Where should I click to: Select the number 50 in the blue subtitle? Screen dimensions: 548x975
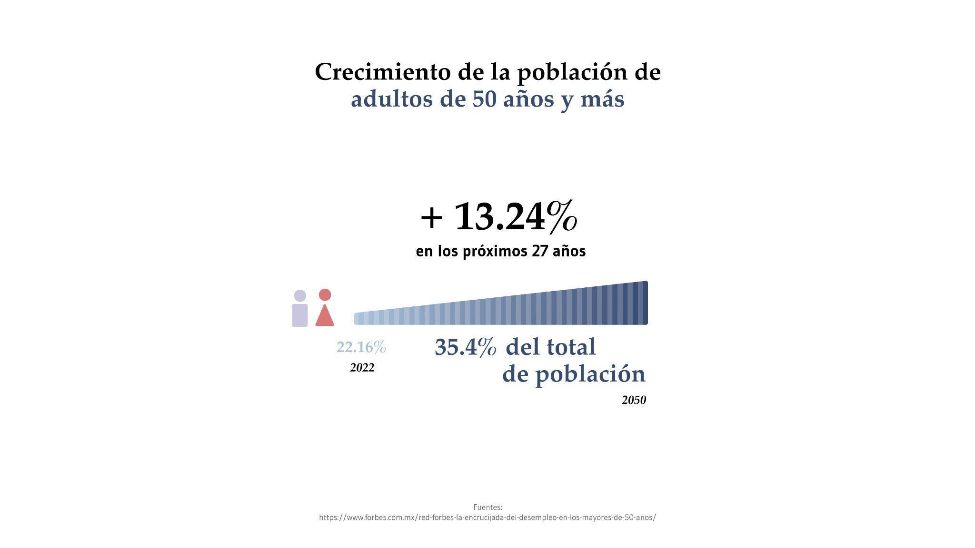click(485, 99)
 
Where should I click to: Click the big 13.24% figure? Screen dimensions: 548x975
click(516, 217)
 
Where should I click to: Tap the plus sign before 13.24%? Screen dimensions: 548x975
click(432, 218)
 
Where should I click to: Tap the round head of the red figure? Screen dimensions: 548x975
click(325, 295)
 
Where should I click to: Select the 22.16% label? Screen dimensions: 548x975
click(361, 347)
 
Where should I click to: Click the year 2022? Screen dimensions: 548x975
click(362, 368)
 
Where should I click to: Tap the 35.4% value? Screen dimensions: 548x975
click(465, 347)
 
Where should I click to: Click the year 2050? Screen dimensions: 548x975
click(634, 400)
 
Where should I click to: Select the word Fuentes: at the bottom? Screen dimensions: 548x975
click(487, 507)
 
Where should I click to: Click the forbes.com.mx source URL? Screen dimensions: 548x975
click(487, 518)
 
